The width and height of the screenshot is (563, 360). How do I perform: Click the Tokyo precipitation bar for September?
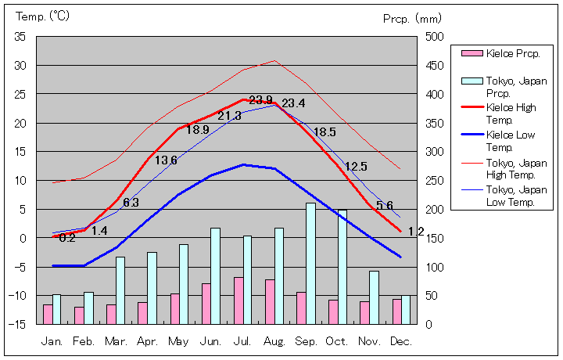tap(310, 264)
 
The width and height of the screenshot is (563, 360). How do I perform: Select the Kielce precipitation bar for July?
tap(238, 301)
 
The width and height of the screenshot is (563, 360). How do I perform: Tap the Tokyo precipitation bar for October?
tap(342, 267)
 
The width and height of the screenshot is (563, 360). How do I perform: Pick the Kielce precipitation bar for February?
tap(79, 315)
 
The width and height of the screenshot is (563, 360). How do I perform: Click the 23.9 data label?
tap(260, 101)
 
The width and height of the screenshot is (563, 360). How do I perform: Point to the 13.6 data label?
tap(166, 160)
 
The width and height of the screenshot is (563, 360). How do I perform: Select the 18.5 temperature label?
tap(324, 132)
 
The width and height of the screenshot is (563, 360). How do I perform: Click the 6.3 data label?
tap(131, 203)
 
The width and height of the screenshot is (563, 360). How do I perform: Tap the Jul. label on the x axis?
tap(242, 341)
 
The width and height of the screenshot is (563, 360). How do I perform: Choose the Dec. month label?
tap(401, 341)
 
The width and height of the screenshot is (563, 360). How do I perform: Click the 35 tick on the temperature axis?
tap(20, 37)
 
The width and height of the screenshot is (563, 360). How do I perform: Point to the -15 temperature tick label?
tap(18, 324)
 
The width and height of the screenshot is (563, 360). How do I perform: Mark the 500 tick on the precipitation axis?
tap(434, 37)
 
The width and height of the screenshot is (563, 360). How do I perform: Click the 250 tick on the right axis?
tap(434, 181)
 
